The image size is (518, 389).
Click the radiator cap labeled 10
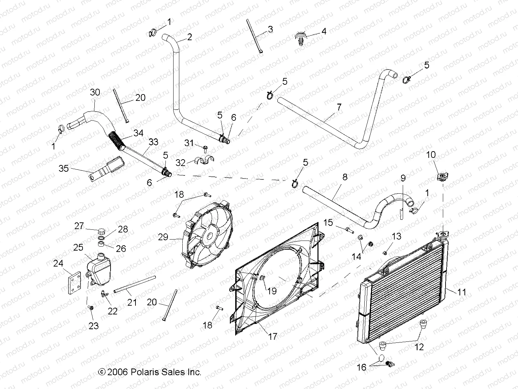click(x=441, y=177)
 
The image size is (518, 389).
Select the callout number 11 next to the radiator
click(x=462, y=291)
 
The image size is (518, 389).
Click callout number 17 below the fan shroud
click(x=273, y=337)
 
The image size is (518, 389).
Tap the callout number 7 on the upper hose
click(x=339, y=107)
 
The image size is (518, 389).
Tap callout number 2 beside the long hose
click(x=189, y=37)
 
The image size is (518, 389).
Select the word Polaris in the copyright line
click(x=143, y=372)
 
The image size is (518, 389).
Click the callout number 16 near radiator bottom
click(x=362, y=367)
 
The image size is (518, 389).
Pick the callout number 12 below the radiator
click(x=419, y=347)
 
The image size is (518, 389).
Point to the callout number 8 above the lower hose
click(x=344, y=177)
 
